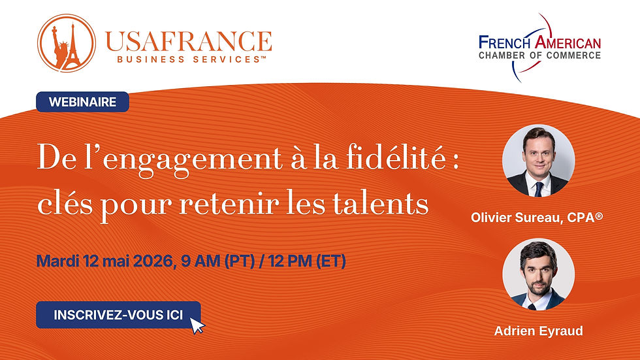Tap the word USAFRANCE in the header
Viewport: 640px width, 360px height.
187,41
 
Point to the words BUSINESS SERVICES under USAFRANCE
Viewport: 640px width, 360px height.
183,59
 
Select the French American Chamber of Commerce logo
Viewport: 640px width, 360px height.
539,47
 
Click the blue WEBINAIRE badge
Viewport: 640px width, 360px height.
82,102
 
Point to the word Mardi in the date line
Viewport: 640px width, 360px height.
57,261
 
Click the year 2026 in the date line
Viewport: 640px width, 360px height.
152,261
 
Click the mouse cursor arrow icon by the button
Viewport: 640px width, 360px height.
197,324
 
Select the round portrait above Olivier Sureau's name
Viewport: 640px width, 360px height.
538,161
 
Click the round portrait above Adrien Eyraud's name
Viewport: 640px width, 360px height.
538,274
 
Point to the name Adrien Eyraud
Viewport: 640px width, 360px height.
538,331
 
